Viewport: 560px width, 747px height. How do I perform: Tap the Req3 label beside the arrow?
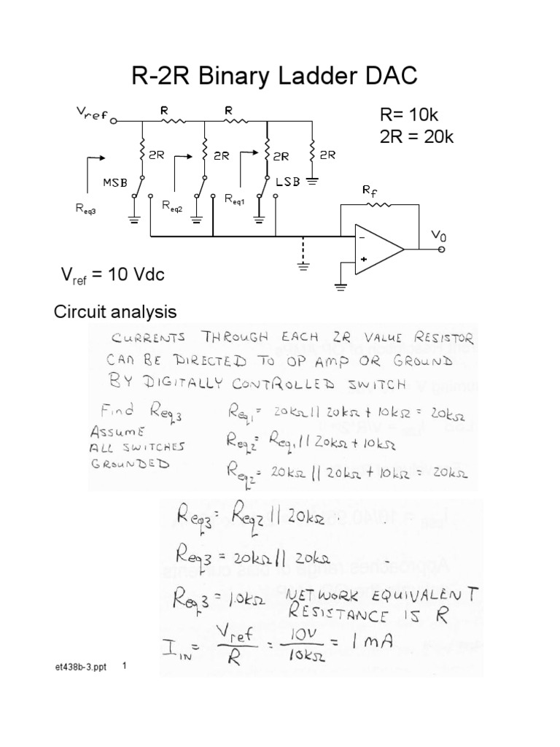[86, 209]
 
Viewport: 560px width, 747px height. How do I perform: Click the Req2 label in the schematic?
[174, 206]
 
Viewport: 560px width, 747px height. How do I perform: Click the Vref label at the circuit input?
[91, 115]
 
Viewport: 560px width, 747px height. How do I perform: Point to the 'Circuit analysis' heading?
[116, 312]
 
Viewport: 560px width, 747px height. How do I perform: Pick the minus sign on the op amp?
[362, 237]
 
